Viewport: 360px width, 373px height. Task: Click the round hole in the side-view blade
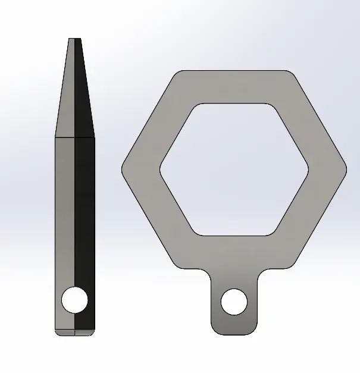click(75, 300)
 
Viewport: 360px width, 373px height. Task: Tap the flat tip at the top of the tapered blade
click(75, 40)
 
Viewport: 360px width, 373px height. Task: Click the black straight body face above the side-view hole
click(84, 208)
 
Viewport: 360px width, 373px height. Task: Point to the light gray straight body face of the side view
click(65, 208)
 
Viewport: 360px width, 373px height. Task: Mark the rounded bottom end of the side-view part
click(75, 332)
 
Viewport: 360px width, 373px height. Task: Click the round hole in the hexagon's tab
click(234, 302)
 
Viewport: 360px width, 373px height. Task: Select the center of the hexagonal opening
click(234, 169)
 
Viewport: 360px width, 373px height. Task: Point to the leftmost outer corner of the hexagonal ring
click(124, 169)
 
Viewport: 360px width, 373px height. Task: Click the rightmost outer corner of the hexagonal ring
click(345, 169)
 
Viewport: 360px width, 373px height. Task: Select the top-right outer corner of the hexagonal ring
click(292, 74)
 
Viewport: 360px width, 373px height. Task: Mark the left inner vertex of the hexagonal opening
click(160, 169)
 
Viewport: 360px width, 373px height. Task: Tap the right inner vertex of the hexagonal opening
click(308, 169)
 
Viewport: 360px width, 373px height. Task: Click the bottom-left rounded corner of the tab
click(214, 330)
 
